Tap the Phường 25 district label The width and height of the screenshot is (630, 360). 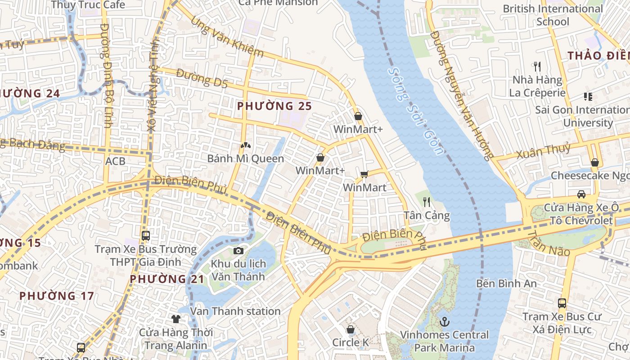[274, 106]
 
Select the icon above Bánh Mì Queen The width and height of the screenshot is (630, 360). [245, 145]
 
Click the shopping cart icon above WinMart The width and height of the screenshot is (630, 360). [364, 174]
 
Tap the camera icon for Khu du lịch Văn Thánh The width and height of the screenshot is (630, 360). [238, 251]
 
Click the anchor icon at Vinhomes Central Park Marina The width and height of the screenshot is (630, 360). [444, 321]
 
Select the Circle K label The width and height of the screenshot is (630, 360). [350, 342]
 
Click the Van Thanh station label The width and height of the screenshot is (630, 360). [235, 311]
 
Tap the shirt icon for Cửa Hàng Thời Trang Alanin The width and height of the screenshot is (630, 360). [175, 319]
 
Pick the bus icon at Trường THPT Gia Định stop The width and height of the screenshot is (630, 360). [145, 235]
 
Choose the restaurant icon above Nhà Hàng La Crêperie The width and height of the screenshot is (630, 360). [536, 67]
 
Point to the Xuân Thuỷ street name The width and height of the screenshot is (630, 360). [543, 151]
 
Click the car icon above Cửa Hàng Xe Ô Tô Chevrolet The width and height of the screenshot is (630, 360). [581, 194]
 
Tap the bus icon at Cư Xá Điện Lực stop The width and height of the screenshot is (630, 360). [562, 303]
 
